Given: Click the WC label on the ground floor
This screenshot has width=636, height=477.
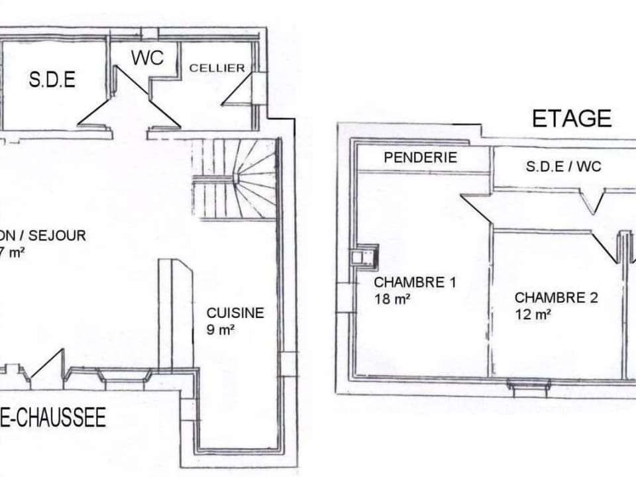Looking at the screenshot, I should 147,58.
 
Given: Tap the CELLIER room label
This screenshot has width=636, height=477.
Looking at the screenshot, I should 217,68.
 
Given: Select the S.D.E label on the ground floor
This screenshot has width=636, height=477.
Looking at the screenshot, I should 52,80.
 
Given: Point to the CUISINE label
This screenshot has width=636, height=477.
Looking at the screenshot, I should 235,313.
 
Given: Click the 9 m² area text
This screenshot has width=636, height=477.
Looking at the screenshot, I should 221,330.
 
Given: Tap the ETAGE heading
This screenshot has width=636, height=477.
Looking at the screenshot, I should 572,118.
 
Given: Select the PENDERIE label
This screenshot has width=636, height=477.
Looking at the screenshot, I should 421,158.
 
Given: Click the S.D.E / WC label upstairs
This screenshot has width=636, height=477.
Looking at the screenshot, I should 563,166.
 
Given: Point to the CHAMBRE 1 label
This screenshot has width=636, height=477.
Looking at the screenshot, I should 415,282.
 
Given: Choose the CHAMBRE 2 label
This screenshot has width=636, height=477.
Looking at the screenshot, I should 556,298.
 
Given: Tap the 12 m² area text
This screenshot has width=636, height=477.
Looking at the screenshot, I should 533,315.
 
